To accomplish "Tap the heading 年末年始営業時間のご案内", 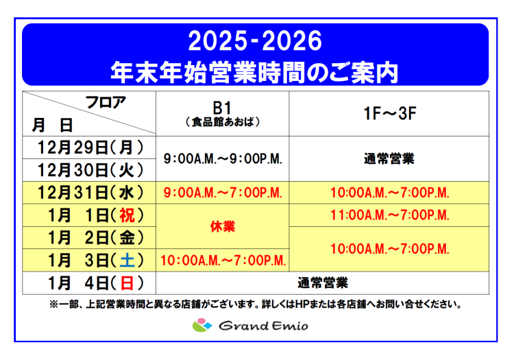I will (x=255, y=71).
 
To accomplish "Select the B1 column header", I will (x=223, y=108).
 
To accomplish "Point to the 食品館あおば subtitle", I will (x=223, y=122).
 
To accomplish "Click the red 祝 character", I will (x=127, y=215).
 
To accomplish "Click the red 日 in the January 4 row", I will (x=127, y=282).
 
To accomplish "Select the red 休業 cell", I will (x=223, y=226).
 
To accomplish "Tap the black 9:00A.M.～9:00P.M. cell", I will (x=223, y=158).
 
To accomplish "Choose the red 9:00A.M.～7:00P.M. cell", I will (x=223, y=192).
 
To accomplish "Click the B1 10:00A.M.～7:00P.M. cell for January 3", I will (x=223, y=260).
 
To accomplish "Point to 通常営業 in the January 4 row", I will (x=323, y=282).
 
